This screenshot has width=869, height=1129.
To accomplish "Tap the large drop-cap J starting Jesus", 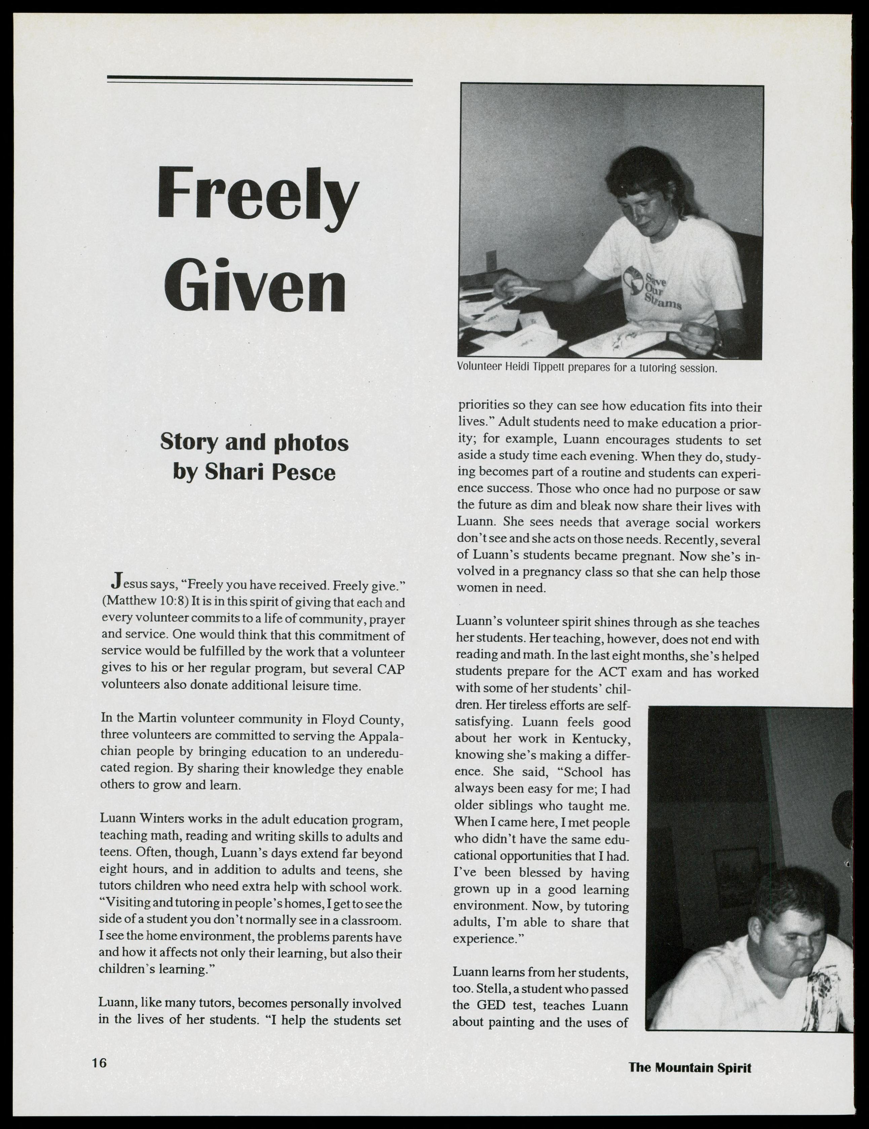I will [116, 581].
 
